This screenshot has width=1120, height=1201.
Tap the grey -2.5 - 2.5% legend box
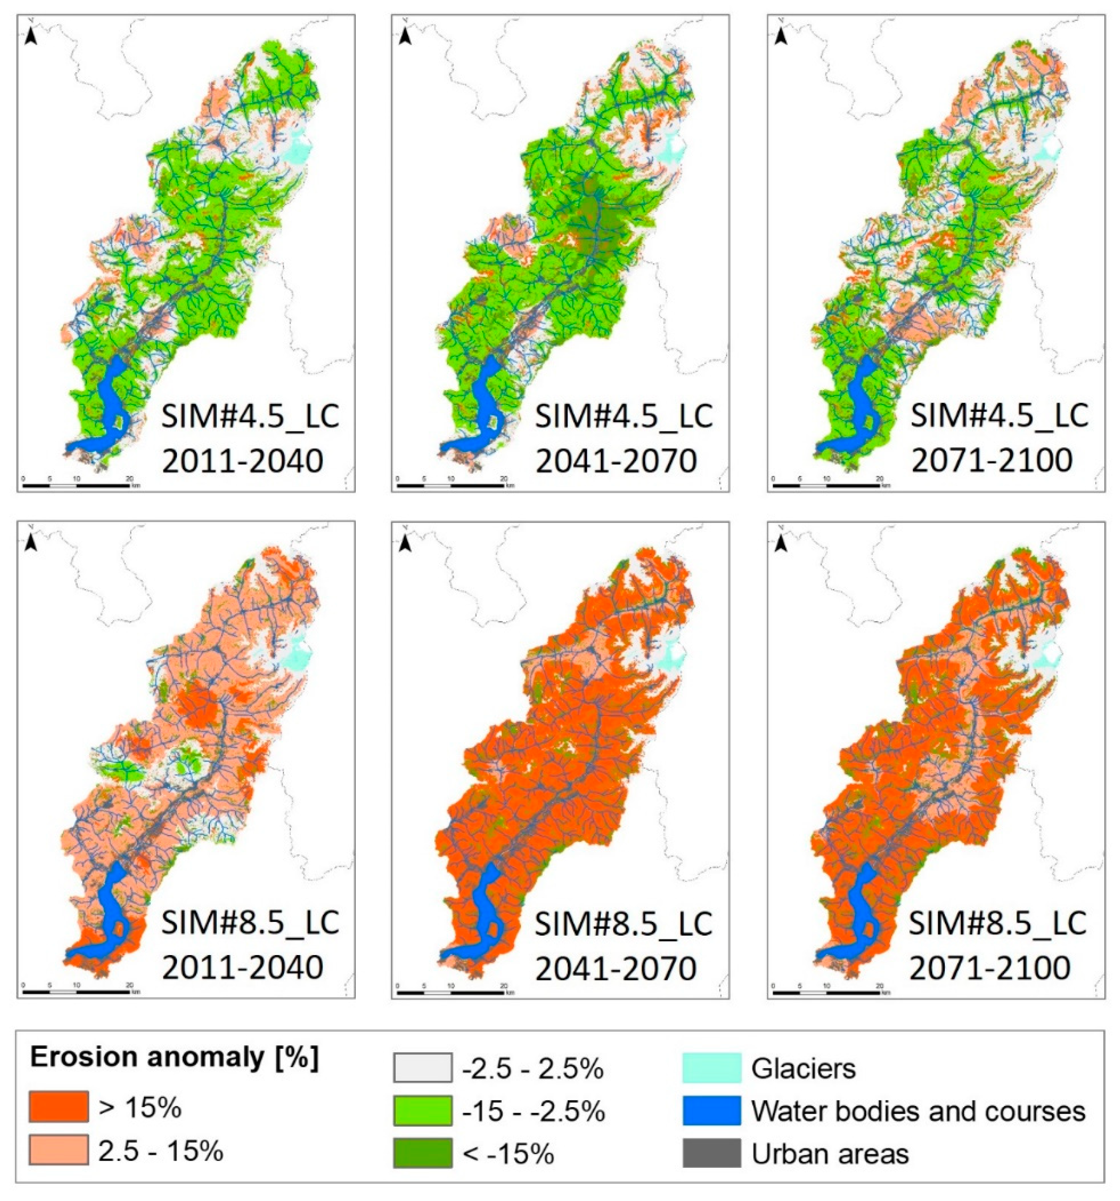pyautogui.click(x=422, y=1067)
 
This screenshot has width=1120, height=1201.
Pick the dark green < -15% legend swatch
pyautogui.click(x=422, y=1153)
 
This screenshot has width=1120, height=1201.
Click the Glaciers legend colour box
pyautogui.click(x=712, y=1067)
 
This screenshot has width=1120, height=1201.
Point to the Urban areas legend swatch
pyautogui.click(x=712, y=1153)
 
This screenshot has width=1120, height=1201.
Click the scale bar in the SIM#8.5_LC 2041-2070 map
pyautogui.click(x=451, y=991)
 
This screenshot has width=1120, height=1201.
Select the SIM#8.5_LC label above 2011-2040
pyautogui.click(x=250, y=922)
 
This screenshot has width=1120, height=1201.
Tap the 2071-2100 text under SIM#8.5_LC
pyautogui.click(x=990, y=969)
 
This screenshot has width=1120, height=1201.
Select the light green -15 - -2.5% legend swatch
pyautogui.click(x=422, y=1110)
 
